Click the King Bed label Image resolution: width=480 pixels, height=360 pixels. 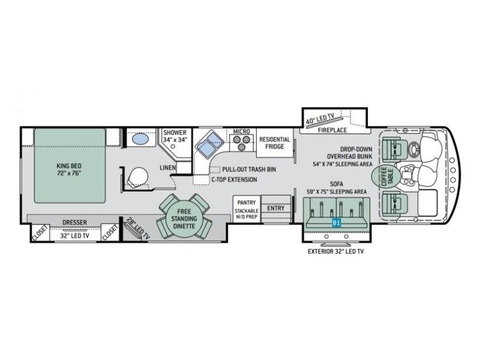coord(69,169)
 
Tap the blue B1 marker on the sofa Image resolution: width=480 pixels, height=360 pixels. coord(336,223)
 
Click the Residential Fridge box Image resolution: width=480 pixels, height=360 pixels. coord(275,143)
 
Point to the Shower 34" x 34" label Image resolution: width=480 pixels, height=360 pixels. coord(175,136)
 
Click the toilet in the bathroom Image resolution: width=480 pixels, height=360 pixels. coord(137,177)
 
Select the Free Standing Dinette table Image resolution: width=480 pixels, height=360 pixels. coord(184,218)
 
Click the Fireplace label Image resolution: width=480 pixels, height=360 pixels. coord(332,130)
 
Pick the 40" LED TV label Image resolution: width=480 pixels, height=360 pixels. coord(320,118)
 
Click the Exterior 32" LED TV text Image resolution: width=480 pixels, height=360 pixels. coord(336,251)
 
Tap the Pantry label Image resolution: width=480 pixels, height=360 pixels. coord(247,202)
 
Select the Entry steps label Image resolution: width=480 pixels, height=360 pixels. coord(276,208)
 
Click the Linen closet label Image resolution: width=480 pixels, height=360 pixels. coord(168,168)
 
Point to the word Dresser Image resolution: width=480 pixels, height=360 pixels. coord(74,223)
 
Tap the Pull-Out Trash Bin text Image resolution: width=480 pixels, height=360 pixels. coord(249,169)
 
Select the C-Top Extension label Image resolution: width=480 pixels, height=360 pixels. coord(234,179)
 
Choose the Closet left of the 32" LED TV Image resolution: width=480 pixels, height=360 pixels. coord(40,233)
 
